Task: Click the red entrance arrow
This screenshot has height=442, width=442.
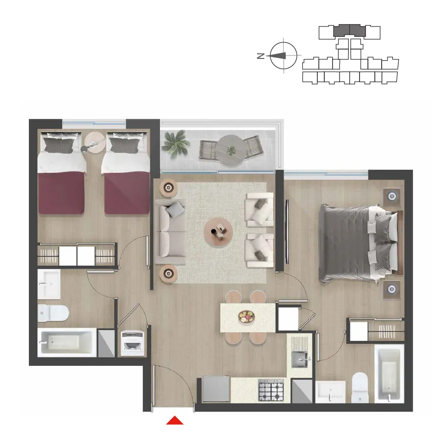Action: pos(175,420)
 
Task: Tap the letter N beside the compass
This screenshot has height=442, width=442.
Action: pos(261,56)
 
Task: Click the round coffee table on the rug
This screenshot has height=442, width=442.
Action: pos(218,231)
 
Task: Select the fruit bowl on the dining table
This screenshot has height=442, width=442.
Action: pos(246,317)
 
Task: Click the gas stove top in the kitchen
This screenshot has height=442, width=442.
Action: pos(271,390)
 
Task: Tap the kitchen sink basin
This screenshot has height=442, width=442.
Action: pos(300,359)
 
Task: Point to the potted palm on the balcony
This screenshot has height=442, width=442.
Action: pos(176,144)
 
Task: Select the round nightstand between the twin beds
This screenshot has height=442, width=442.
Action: pos(95,142)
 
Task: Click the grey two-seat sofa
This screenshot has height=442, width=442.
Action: pos(170,231)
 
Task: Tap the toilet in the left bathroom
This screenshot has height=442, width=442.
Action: pos(53,313)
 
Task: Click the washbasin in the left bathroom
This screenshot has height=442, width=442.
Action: pos(49,284)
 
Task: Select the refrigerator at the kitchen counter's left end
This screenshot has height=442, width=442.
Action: pos(216,389)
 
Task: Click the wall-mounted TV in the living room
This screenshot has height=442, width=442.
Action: pos(287,232)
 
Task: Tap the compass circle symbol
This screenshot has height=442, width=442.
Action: pos(283,56)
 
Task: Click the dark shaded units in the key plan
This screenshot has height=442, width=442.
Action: pos(350,30)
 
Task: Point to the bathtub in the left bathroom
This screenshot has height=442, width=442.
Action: pos(67,342)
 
